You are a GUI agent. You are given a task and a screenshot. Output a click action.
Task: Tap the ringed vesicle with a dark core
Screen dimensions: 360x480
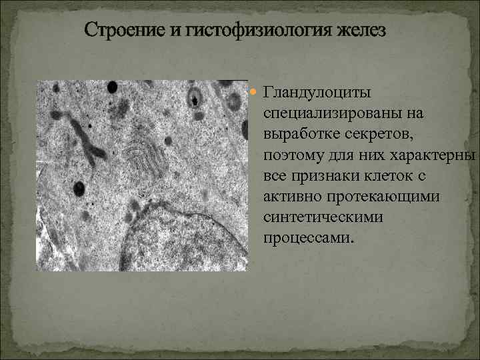195,97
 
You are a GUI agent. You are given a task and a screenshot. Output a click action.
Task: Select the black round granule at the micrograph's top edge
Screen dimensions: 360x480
112,87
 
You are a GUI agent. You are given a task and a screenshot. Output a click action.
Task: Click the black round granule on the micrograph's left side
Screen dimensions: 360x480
79,188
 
